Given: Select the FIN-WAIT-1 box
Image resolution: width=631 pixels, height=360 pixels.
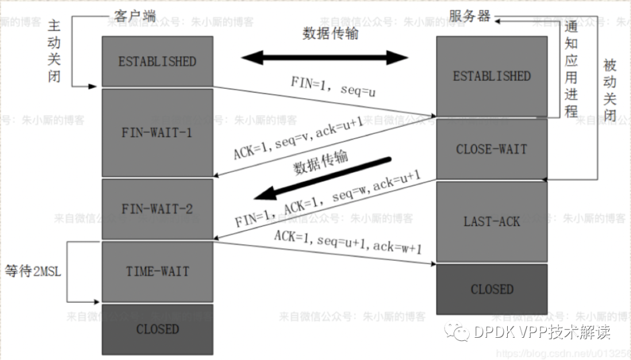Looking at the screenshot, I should tap(157, 133).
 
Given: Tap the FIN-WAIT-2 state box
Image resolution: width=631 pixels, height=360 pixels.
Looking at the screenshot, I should tap(157, 209).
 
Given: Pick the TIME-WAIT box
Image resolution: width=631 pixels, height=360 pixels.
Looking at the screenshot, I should tap(157, 271).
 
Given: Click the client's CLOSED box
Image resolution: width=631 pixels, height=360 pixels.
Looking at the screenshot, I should tap(157, 329).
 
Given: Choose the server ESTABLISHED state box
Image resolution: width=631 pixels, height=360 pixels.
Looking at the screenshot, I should tap(491, 76).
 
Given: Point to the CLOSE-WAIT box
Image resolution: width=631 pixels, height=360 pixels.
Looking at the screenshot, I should tap(491, 149).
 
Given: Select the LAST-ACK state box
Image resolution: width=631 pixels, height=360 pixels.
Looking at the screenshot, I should tap(491, 221).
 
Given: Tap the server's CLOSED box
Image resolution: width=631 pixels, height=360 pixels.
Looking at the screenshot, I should tap(491, 289).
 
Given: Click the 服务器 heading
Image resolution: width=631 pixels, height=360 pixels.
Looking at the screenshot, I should tap(469, 16).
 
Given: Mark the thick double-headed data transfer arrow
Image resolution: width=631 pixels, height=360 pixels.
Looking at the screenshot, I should tap(325, 57).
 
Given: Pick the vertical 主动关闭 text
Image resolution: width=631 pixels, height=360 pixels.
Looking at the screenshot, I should tap(54, 51).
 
